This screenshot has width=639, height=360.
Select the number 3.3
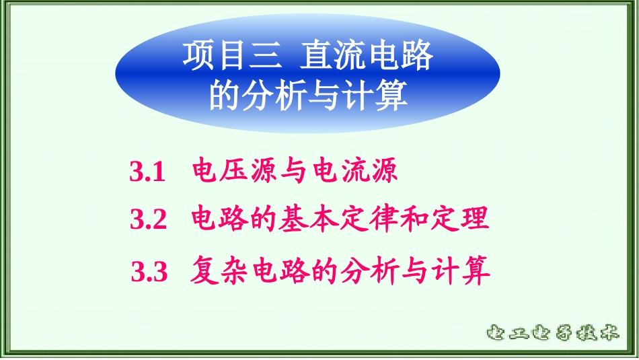148,272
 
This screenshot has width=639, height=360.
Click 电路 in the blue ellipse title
401,56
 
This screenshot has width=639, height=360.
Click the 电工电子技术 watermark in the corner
552,332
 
